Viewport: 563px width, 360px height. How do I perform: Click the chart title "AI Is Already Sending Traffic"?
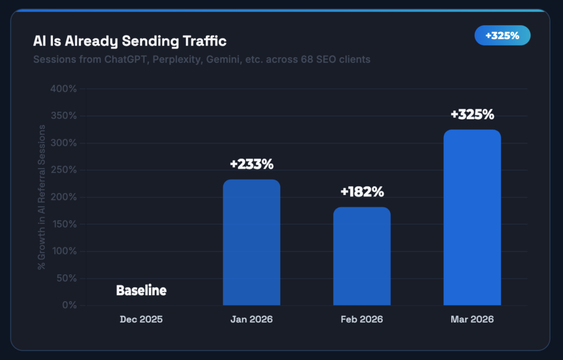point(130,41)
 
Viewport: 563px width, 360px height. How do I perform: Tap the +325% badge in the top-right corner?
point(502,36)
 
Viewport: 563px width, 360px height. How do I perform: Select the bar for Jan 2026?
point(251,242)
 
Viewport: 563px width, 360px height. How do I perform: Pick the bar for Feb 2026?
point(362,256)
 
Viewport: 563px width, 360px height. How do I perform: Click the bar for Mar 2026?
point(472,217)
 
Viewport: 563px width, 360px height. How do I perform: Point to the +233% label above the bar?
point(251,164)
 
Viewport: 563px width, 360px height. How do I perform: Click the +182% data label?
point(362,192)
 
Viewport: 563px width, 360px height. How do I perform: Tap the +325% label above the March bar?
point(472,115)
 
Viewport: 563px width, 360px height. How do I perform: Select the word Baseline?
point(141,291)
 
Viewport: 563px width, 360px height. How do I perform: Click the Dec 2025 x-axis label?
point(141,319)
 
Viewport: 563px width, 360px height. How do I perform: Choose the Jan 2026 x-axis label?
point(251,319)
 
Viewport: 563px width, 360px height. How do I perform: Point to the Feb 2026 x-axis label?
point(362,319)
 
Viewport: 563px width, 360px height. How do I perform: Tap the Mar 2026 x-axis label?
point(472,319)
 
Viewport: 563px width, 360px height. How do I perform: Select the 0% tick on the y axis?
point(69,306)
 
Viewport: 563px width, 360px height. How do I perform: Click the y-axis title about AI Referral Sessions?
point(41,197)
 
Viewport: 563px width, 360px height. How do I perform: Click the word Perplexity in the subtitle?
point(176,59)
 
